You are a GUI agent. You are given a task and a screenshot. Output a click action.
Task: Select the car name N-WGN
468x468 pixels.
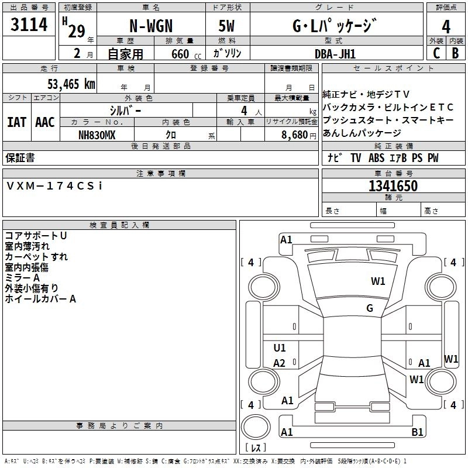150,26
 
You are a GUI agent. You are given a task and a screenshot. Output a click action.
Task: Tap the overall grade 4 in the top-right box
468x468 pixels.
446,26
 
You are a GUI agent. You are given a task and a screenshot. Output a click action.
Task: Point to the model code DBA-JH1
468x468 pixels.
335,53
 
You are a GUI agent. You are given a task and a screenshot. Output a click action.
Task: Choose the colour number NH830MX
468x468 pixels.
97,135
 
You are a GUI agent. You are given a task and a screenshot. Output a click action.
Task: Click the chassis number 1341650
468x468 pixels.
393,186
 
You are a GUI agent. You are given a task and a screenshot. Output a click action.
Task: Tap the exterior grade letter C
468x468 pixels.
436,53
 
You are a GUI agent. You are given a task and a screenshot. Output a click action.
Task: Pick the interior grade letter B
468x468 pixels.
456,53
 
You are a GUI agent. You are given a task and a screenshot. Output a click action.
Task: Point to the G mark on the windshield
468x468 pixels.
370,308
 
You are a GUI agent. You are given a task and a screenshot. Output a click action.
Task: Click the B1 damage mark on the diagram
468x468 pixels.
417,432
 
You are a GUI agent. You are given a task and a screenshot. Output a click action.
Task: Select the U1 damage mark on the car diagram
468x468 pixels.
280,348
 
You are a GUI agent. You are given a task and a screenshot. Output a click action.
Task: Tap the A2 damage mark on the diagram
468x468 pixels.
280,363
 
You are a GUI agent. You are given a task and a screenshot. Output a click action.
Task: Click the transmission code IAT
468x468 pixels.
16,122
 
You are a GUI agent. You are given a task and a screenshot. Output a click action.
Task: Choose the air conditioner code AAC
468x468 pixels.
45,122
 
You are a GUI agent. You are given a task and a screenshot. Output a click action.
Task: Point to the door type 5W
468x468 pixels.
228,26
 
